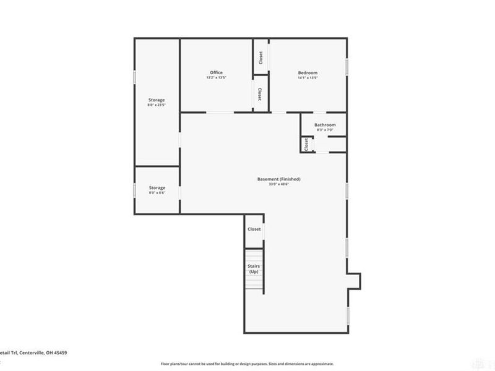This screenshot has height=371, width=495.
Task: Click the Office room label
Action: pyautogui.click(x=216, y=72)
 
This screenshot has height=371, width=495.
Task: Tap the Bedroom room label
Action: pyautogui.click(x=308, y=72)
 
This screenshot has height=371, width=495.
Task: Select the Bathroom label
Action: pyautogui.click(x=325, y=125)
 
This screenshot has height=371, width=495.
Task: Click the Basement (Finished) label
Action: pyautogui.click(x=279, y=179)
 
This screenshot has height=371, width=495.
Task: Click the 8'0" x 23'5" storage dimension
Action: pyautogui.click(x=156, y=105)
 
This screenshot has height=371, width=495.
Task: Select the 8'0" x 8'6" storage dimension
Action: pyautogui.click(x=157, y=193)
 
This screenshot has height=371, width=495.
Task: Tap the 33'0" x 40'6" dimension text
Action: pyautogui.click(x=279, y=184)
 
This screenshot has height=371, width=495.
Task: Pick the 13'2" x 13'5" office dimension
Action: pyautogui.click(x=216, y=78)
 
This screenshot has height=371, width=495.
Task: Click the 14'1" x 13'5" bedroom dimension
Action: pyautogui.click(x=308, y=78)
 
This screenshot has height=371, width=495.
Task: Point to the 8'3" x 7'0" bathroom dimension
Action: pyautogui.click(x=325, y=130)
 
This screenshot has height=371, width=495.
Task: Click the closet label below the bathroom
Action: pyautogui.click(x=306, y=144)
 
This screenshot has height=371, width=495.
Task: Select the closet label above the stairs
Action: pyautogui.click(x=254, y=229)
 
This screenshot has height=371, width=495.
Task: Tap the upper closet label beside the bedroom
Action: pyautogui.click(x=260, y=58)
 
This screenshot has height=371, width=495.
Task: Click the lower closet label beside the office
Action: pyautogui.click(x=260, y=94)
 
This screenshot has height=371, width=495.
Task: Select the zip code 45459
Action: pyautogui.click(x=59, y=352)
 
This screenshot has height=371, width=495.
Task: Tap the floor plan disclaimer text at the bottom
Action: pyautogui.click(x=247, y=364)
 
